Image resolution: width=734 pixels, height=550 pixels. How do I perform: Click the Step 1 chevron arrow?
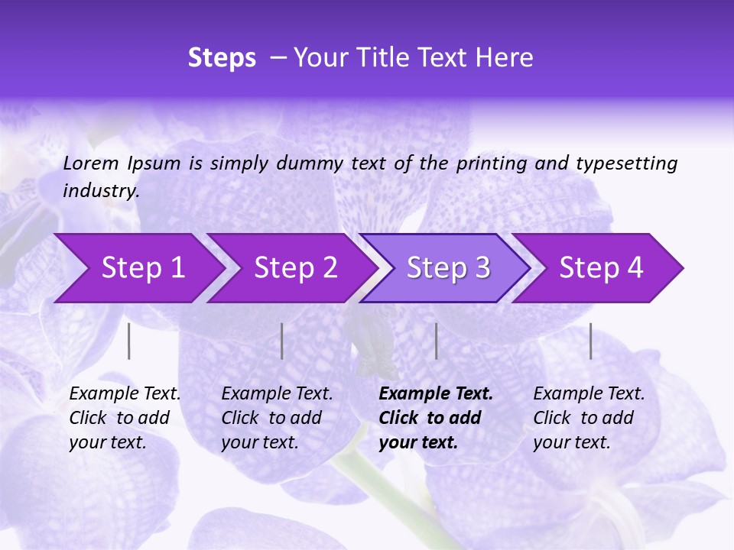[138, 268]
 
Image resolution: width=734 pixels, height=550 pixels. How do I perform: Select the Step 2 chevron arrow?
[291, 268]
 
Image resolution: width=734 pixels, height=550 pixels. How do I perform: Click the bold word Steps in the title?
[222, 58]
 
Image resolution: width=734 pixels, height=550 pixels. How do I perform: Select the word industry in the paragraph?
[100, 191]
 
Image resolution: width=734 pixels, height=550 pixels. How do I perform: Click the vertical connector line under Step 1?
[129, 341]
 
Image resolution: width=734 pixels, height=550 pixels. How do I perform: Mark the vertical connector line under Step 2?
[282, 341]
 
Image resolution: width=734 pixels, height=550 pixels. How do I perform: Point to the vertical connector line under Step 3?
[436, 341]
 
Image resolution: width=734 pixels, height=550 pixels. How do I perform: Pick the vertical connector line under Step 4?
[591, 341]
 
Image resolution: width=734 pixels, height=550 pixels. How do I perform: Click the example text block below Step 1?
[125, 418]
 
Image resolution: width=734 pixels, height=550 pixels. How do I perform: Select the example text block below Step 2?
[277, 418]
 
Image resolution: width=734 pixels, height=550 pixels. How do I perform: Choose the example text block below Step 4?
[589, 418]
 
